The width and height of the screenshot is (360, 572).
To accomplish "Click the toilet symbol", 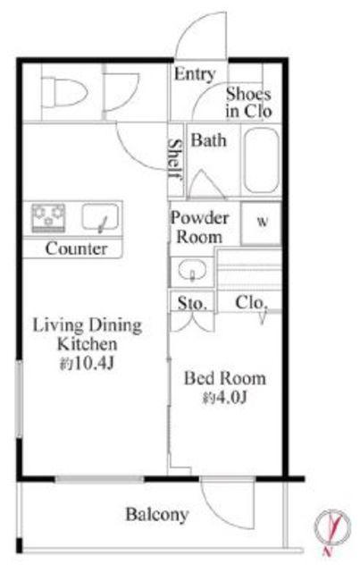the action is pyautogui.click(x=64, y=92).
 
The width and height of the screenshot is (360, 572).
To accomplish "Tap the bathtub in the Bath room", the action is pyautogui.click(x=262, y=160).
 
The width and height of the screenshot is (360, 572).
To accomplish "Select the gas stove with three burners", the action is pyautogui.click(x=48, y=218).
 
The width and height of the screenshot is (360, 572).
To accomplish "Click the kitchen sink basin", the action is pyautogui.click(x=100, y=217).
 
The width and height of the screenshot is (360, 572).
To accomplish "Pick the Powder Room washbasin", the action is pyautogui.click(x=192, y=271).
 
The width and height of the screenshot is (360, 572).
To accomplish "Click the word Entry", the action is pyautogui.click(x=195, y=74).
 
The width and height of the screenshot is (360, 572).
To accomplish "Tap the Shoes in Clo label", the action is pyautogui.click(x=248, y=103).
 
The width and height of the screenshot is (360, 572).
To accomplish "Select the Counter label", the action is pyautogui.click(x=76, y=248).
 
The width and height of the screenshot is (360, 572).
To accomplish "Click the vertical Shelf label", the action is pyautogui.click(x=175, y=158).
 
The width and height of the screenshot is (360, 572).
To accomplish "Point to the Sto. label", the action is pyautogui.click(x=192, y=303).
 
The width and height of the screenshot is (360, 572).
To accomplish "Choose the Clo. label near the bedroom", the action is pyautogui.click(x=250, y=302).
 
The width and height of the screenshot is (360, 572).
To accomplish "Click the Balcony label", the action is pyautogui.click(x=157, y=515).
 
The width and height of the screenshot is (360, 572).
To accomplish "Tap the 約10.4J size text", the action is pyautogui.click(x=87, y=364).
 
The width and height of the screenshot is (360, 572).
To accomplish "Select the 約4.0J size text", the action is pyautogui.click(x=225, y=398).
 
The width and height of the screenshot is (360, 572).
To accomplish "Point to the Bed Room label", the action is pyautogui.click(x=225, y=378).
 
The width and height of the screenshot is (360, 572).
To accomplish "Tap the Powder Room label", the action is pyautogui.click(x=199, y=227).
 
